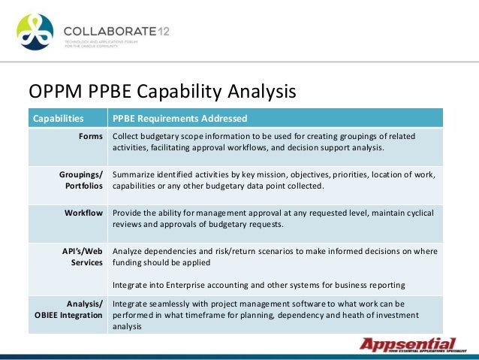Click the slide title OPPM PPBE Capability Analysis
tap(162, 92)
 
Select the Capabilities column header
tap(56, 119)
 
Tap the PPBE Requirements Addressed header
tap(179, 119)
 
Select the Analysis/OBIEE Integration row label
tap(68, 309)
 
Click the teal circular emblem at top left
tap(35, 32)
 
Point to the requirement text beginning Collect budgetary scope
tap(263, 142)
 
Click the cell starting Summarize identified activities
tap(273, 180)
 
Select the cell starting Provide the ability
tap(273, 219)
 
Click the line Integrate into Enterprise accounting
tap(259, 285)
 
